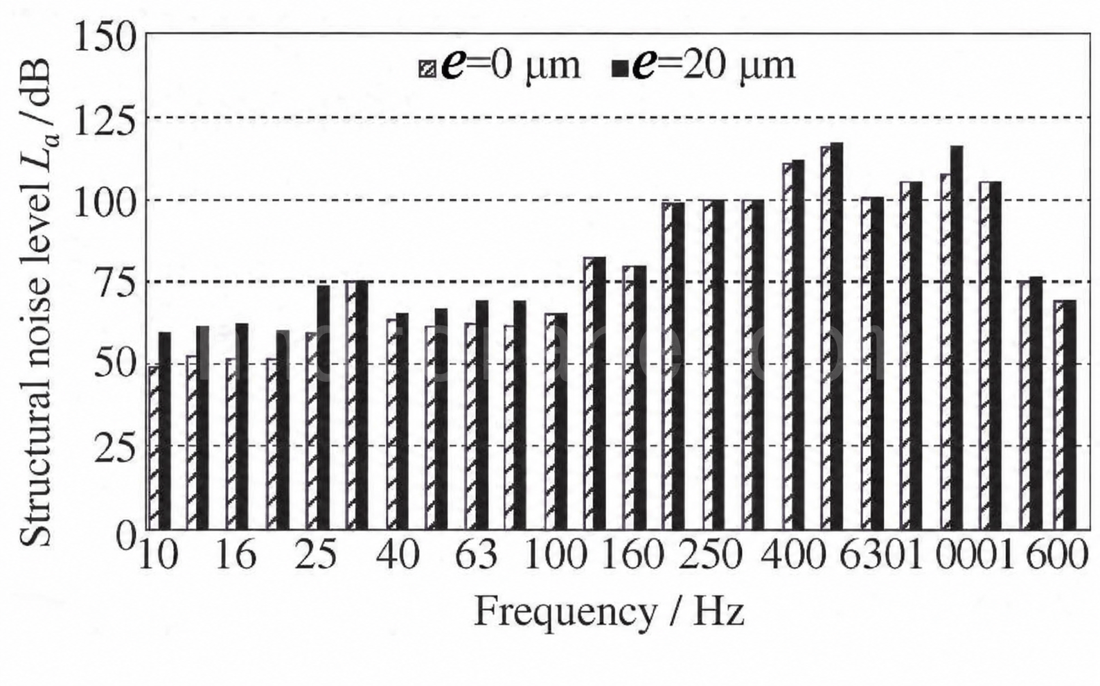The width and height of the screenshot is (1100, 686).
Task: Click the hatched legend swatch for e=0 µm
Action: tap(427, 69)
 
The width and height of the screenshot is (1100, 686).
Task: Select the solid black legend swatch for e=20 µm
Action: tap(620, 69)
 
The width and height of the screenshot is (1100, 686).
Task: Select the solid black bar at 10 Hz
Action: tap(165, 431)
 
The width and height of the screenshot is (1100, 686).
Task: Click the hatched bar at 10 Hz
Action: tap(154, 448)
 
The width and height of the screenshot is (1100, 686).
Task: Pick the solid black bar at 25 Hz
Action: tap(323, 407)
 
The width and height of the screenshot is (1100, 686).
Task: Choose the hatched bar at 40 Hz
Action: tap(391, 424)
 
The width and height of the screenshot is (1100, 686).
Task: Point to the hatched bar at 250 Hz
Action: tap(708, 365)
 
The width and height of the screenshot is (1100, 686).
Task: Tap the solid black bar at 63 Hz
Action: tap(482, 415)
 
